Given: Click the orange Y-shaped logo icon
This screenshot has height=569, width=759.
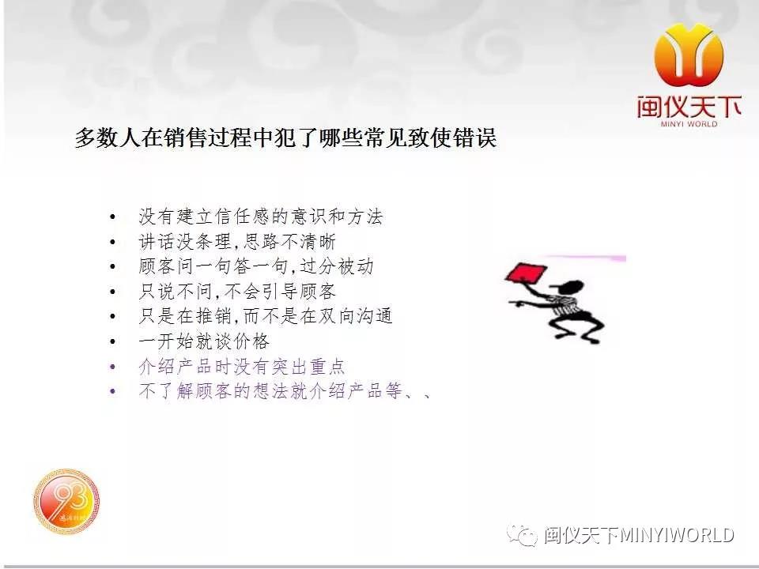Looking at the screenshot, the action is (x=689, y=55).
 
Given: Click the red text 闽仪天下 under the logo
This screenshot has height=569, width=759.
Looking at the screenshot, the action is (x=689, y=107).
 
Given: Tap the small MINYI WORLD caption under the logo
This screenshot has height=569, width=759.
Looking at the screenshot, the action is (x=689, y=124).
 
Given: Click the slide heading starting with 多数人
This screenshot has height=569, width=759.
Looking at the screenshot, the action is (x=285, y=138).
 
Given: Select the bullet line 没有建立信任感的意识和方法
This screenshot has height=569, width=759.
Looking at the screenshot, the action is (x=260, y=217).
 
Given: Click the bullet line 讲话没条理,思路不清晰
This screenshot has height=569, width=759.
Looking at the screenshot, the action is (x=236, y=242).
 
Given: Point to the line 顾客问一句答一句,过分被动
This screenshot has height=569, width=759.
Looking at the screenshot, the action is (x=255, y=266).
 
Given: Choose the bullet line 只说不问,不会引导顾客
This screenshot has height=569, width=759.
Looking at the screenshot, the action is (x=236, y=292).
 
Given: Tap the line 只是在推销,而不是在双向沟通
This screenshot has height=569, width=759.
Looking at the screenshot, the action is (x=266, y=316).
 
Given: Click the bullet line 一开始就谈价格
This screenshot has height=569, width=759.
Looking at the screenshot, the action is (x=204, y=341).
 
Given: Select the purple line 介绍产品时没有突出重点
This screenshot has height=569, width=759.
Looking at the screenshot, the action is (x=242, y=366).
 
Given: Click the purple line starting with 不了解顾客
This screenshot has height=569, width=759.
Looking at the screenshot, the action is (x=285, y=390).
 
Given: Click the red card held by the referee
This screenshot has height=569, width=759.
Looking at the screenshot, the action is (x=526, y=274).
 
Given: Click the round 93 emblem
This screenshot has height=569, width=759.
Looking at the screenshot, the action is (x=66, y=501).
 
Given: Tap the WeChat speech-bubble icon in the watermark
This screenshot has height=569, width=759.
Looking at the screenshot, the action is (x=522, y=535).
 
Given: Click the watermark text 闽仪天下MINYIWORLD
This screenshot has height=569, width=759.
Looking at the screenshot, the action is (x=639, y=535).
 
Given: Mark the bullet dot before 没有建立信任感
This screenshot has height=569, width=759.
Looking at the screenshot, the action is (x=113, y=217).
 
